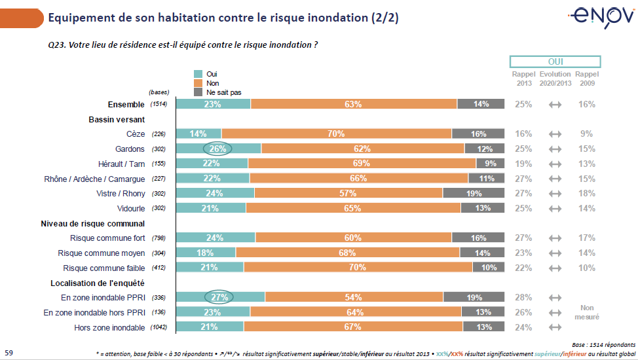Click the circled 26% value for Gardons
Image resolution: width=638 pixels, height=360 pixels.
[217, 149]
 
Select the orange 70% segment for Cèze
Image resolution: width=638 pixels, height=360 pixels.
[337, 134]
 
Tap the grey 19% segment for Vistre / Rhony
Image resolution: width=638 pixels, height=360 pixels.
[474, 194]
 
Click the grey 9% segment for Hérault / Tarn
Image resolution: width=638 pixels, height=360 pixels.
[491, 164]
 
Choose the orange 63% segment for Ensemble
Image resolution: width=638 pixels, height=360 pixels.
[354, 104]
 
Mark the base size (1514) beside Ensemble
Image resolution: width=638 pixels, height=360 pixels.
[159, 104]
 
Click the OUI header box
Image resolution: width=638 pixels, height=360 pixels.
[555, 62]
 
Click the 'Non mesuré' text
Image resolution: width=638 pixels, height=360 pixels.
[587, 312]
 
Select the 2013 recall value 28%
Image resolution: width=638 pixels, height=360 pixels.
[523, 298]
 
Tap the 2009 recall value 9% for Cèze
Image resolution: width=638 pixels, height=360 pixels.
[587, 134]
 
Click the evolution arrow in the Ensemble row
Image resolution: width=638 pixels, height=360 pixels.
[555, 104]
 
